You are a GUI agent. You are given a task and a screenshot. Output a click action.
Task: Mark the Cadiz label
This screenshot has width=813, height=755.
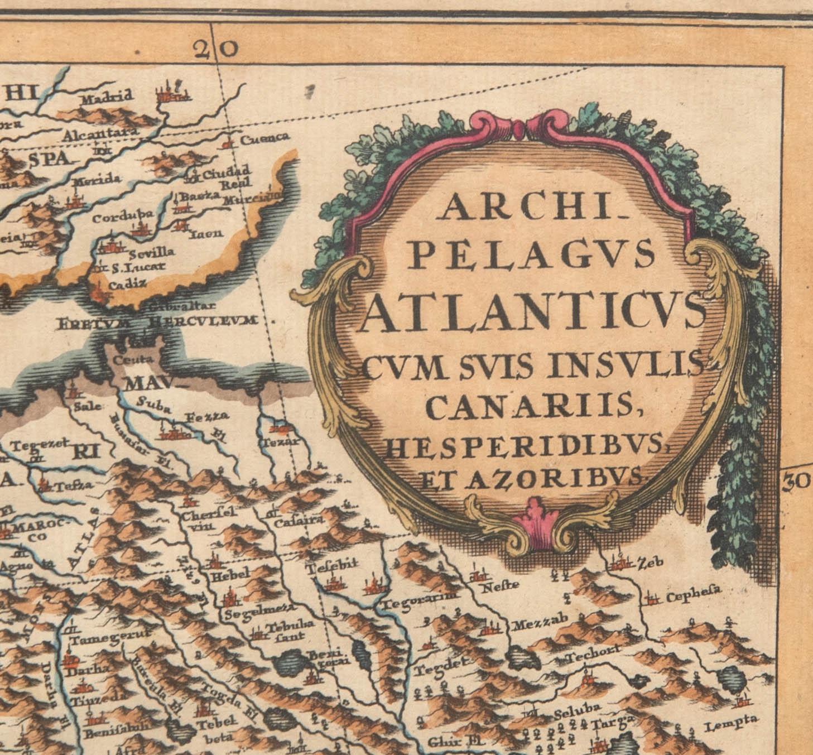128,284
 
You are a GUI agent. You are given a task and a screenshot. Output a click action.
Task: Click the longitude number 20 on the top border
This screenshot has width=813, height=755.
216,50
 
